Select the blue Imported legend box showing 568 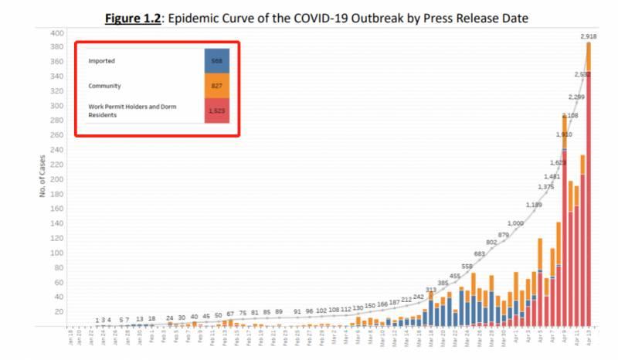[x=216, y=60]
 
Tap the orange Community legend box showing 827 [x=216, y=86]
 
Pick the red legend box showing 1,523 [x=216, y=110]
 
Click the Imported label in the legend [x=103, y=60]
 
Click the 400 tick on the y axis [x=57, y=33]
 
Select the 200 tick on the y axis [x=57, y=179]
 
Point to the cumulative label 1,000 [x=515, y=223]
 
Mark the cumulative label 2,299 [x=576, y=97]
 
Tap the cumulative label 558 [x=467, y=267]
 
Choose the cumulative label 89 [x=279, y=311]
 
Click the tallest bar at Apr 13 [x=589, y=185]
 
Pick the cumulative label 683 [x=479, y=253]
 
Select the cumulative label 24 [x=169, y=318]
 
